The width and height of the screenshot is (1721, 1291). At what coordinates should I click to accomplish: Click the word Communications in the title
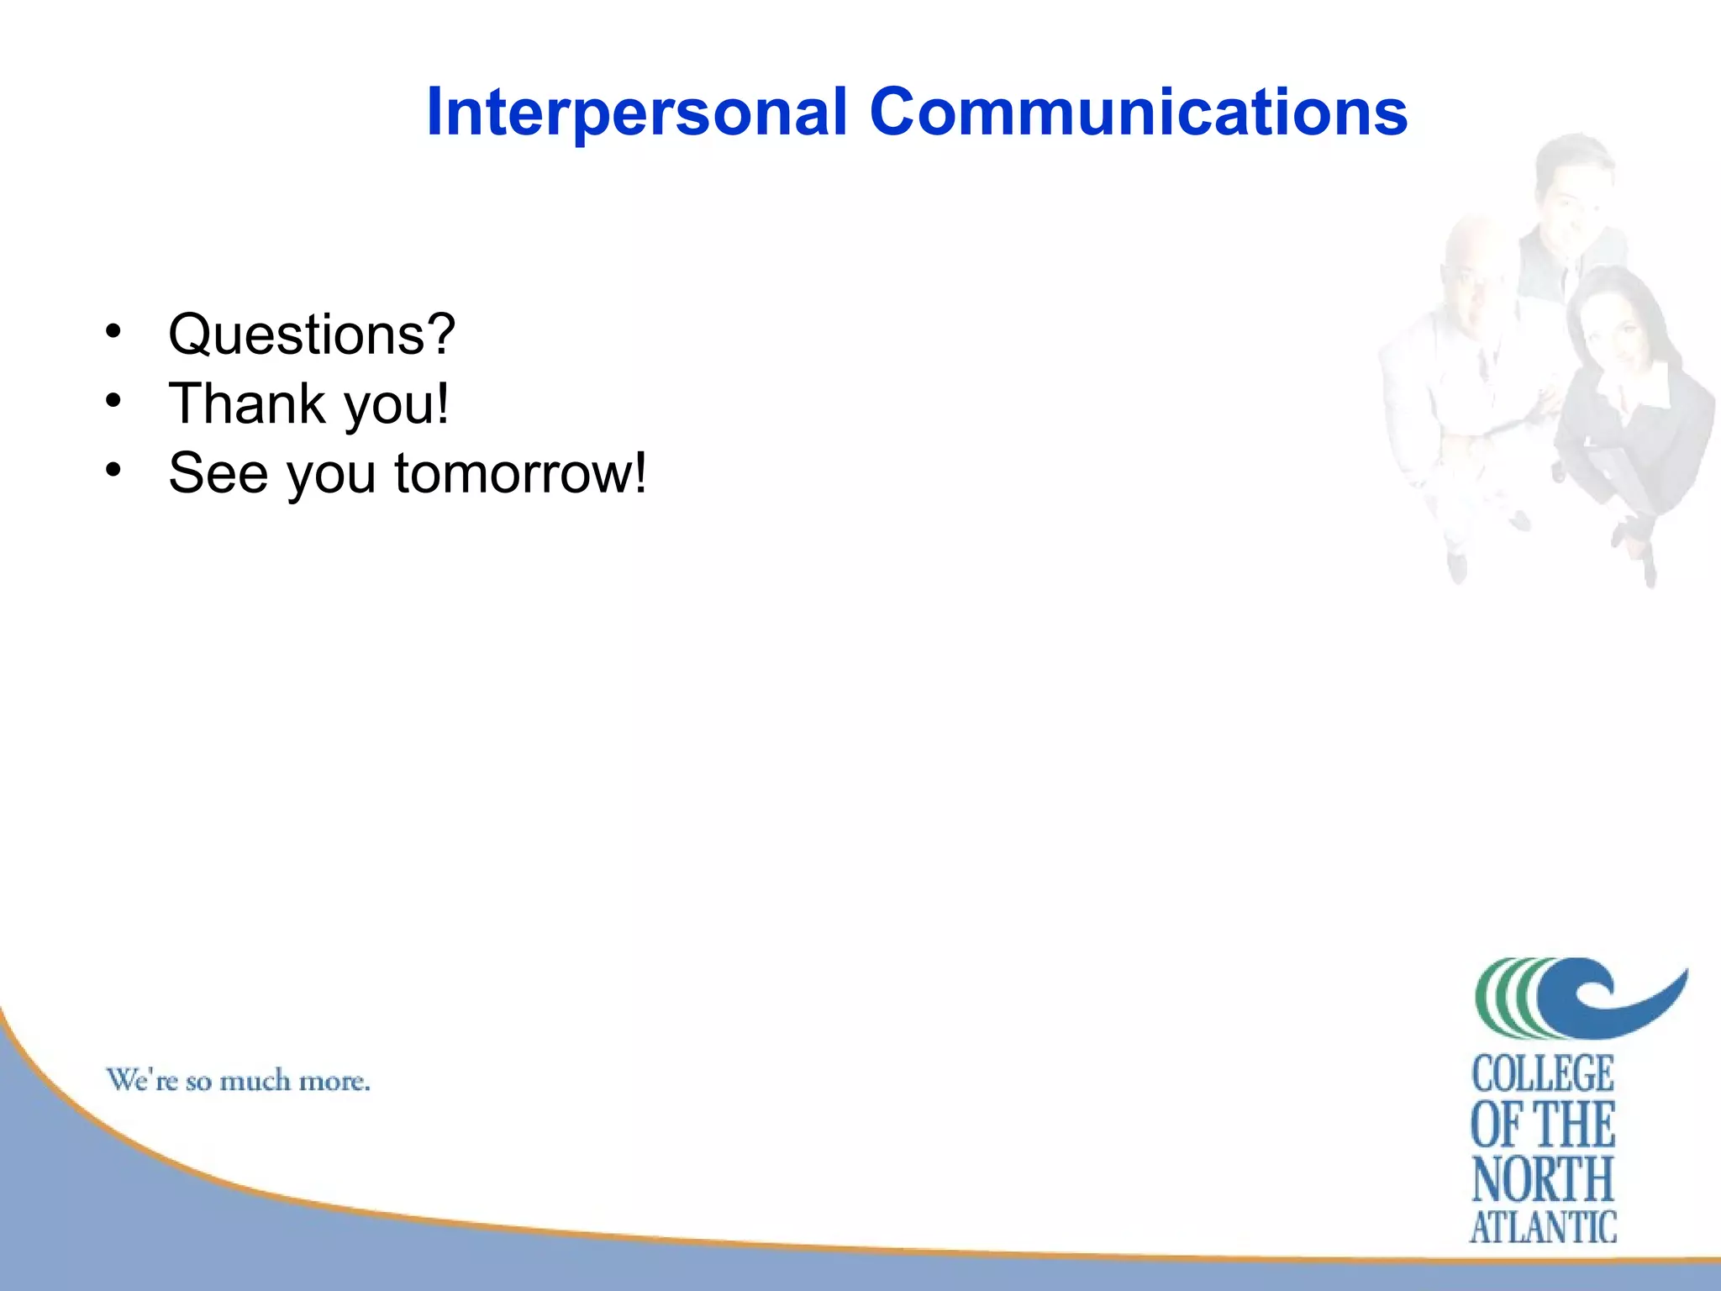coord(1138,112)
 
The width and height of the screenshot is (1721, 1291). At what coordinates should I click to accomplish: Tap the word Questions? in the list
coord(312,335)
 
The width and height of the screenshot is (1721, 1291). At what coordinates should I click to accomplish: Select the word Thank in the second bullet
coord(246,403)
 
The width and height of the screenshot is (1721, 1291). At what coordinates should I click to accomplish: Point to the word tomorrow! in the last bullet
coord(521,473)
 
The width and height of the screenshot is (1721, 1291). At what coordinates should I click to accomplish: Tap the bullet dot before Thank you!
coord(113,401)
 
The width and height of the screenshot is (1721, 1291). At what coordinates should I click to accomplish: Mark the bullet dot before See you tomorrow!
coord(113,471)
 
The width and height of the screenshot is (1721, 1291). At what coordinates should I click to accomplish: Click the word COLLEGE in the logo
coord(1543,1075)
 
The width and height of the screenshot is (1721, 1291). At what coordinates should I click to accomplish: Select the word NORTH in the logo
coord(1543,1179)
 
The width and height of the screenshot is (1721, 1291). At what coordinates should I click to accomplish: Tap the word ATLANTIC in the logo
coord(1543,1228)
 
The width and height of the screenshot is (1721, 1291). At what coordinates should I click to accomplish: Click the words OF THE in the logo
coord(1543,1126)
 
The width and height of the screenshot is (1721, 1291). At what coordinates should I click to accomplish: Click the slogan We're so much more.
coord(238,1080)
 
